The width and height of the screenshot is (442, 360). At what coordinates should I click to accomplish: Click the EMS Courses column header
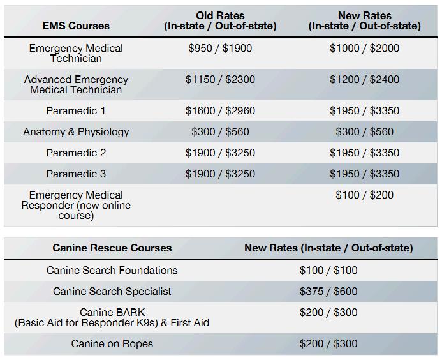(x=76, y=26)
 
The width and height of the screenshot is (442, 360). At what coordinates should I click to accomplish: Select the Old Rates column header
(x=220, y=21)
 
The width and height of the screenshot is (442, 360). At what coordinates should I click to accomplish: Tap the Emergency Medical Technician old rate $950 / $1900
(x=220, y=49)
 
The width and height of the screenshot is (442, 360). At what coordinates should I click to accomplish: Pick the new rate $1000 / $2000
(x=364, y=49)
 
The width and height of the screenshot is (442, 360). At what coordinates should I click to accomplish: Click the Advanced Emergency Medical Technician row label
(x=76, y=84)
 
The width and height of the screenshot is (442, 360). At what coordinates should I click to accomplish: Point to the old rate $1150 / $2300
(x=220, y=80)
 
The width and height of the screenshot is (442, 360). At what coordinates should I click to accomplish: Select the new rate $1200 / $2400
(x=364, y=80)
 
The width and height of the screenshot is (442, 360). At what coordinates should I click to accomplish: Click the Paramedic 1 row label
(x=76, y=111)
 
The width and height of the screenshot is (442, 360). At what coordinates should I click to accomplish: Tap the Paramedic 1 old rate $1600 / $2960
(x=220, y=111)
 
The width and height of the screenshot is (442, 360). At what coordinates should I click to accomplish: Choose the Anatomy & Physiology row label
(x=76, y=132)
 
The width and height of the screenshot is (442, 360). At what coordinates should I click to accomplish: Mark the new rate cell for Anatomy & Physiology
(x=364, y=132)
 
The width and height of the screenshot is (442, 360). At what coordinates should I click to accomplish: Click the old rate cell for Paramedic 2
(x=220, y=153)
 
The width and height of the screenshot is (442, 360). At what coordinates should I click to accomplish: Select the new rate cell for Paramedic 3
(x=364, y=174)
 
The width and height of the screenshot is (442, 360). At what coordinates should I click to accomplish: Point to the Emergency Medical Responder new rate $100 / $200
(x=364, y=195)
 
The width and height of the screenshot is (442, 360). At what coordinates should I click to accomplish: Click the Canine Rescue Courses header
(x=112, y=248)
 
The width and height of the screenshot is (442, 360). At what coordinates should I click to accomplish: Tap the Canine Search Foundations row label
(x=112, y=271)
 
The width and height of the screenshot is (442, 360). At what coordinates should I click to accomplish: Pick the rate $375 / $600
(x=328, y=292)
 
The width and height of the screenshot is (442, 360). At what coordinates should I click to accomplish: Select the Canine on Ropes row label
(x=112, y=344)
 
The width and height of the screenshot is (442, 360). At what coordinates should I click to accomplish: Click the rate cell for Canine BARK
(x=328, y=313)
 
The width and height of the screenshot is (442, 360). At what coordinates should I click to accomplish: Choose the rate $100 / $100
(x=328, y=271)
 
